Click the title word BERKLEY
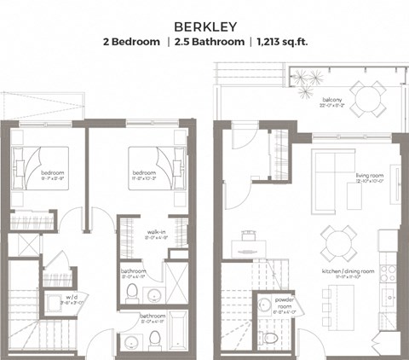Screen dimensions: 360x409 tap(204, 26)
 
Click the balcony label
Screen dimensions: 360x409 tap(332, 102)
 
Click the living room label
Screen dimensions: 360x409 tap(372, 176)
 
